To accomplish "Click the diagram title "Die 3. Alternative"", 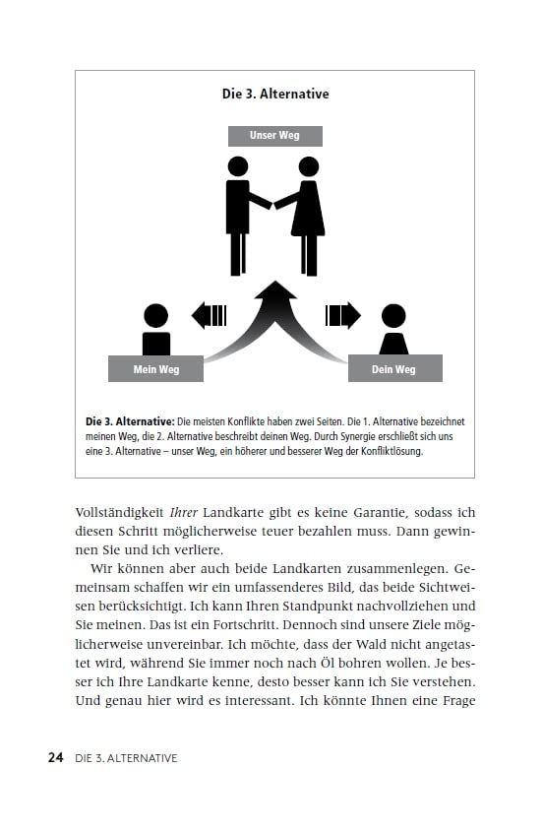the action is pyautogui.click(x=275, y=94).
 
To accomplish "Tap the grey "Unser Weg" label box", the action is pyautogui.click(x=275, y=136).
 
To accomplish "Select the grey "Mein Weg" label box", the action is pyautogui.click(x=156, y=369).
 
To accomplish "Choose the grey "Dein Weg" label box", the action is pyautogui.click(x=395, y=369).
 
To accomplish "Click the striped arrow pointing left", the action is pyautogui.click(x=209, y=315).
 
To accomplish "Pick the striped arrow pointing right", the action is pyautogui.click(x=343, y=315).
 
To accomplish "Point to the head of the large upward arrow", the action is pyautogui.click(x=275, y=290).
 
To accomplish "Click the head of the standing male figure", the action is pyautogui.click(x=238, y=166).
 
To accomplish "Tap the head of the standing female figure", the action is pyautogui.click(x=308, y=166).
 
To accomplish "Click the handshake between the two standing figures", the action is pyautogui.click(x=272, y=204).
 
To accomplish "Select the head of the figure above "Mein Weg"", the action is pyautogui.click(x=156, y=316).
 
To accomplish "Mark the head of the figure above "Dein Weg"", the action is pyautogui.click(x=393, y=316).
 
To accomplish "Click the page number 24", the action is pyautogui.click(x=56, y=758).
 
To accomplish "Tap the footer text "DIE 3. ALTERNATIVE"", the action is pyautogui.click(x=126, y=758).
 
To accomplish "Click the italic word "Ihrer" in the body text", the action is pyautogui.click(x=184, y=513).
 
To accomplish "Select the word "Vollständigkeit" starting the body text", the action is pyautogui.click(x=120, y=513).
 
